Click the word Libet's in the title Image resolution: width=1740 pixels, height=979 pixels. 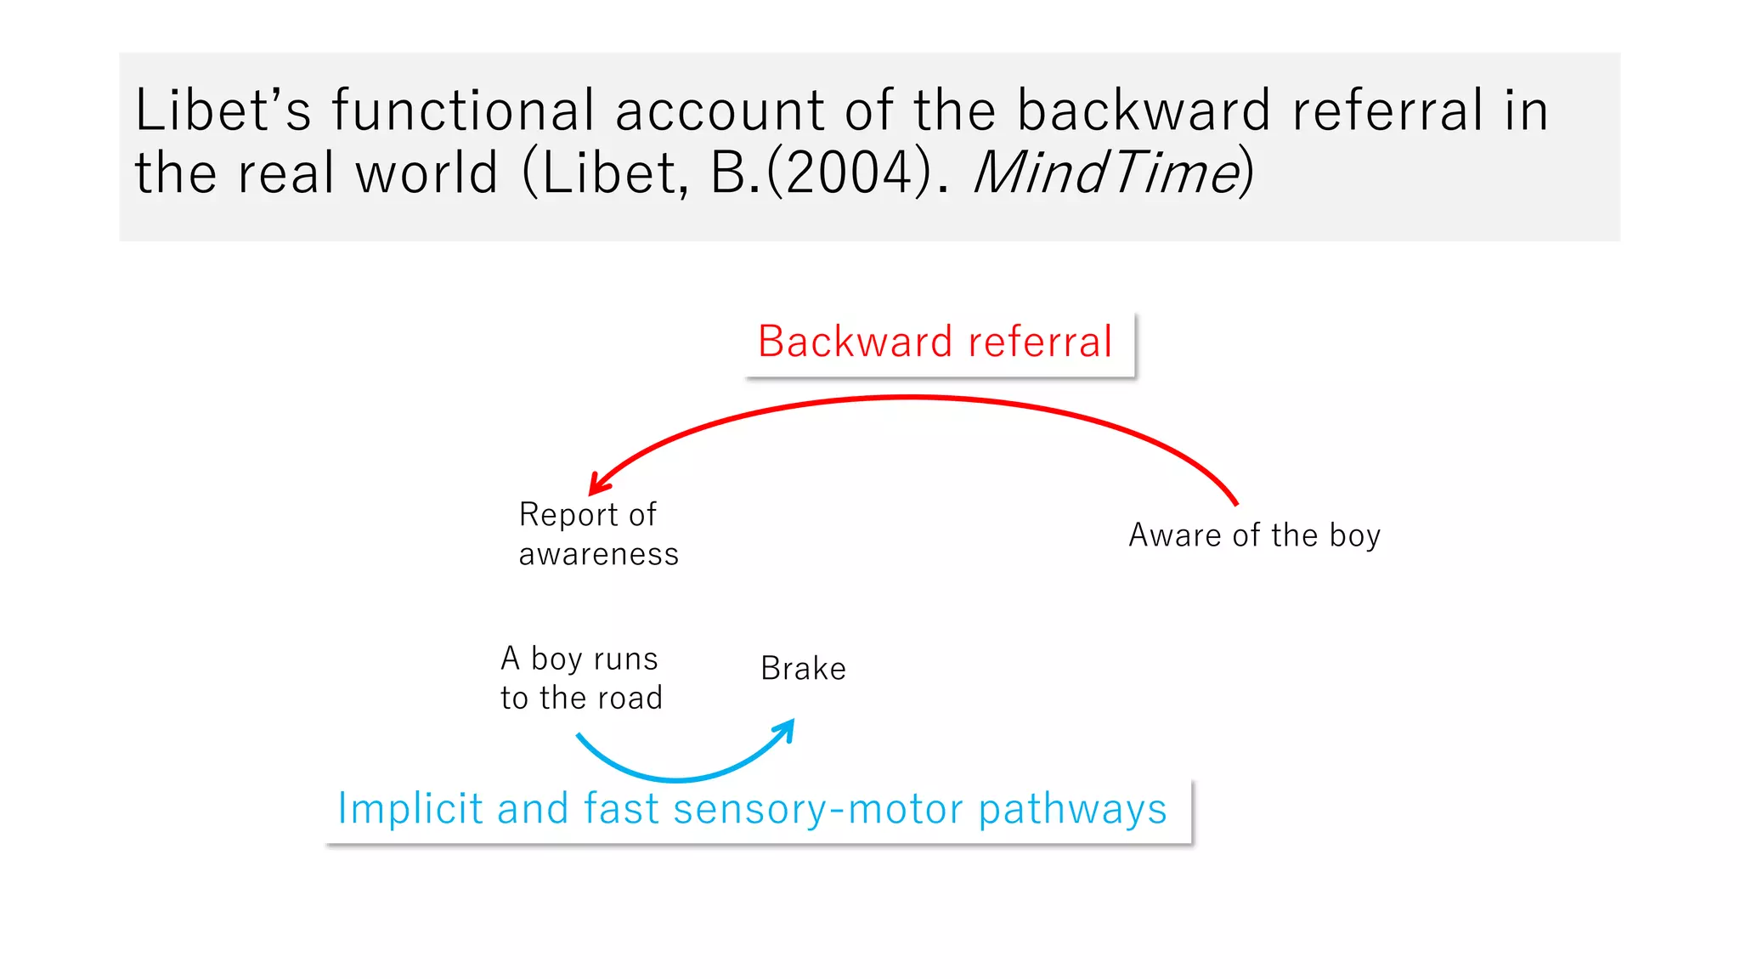(x=223, y=110)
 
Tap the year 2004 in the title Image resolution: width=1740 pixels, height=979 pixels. (x=858, y=173)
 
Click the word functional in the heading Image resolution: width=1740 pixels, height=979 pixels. (x=463, y=110)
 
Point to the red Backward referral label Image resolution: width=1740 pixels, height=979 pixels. (x=935, y=342)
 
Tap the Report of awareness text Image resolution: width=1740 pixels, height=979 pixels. (x=598, y=534)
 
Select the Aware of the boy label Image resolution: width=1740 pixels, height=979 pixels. (x=1254, y=535)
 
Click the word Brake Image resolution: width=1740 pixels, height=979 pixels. (x=803, y=669)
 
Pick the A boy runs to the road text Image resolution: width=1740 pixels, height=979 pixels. (x=581, y=678)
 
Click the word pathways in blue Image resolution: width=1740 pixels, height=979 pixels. (x=1072, y=810)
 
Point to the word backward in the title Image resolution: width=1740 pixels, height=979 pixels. (x=1144, y=110)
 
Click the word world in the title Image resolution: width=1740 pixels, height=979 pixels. (x=426, y=173)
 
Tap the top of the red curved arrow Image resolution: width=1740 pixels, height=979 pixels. (x=909, y=397)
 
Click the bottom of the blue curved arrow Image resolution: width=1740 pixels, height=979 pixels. (x=677, y=778)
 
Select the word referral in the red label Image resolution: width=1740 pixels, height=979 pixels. (x=1040, y=342)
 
